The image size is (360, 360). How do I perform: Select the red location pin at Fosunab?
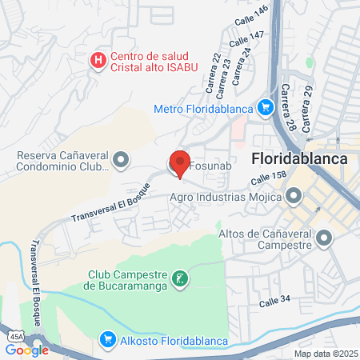(181, 162)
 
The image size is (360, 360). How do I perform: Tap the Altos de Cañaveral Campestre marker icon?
(325, 238)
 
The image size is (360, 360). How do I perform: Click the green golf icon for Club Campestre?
(182, 279)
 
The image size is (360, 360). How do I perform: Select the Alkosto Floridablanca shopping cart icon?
(107, 340)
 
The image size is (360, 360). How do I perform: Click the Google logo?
(27, 350)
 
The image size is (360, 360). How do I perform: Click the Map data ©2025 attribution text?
(325, 354)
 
